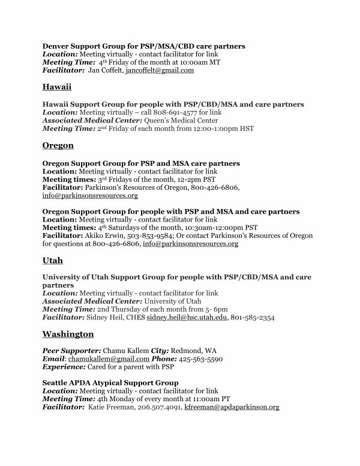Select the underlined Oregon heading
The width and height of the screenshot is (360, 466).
(58, 146)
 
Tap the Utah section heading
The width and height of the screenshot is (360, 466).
(52, 261)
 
